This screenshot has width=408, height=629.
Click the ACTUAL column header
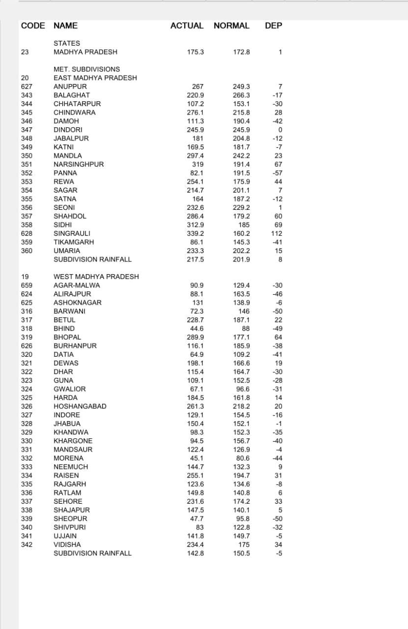click(187, 26)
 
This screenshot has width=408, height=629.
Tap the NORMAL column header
click(231, 26)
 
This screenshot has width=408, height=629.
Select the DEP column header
click(273, 26)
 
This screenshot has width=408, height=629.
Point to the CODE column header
click(33, 26)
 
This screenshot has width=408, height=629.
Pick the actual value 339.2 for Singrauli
click(195, 233)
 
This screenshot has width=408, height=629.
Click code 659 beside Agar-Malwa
click(27, 286)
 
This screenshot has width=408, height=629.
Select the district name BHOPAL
click(67, 337)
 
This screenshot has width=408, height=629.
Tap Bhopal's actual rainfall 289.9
click(195, 337)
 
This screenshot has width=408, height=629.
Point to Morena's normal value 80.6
click(243, 458)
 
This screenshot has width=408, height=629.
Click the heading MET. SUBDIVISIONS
click(86, 69)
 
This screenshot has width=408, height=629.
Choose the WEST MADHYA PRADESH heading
click(96, 277)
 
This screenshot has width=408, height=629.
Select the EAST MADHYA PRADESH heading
click(95, 78)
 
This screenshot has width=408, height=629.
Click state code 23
click(25, 52)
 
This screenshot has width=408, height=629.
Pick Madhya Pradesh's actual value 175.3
click(195, 52)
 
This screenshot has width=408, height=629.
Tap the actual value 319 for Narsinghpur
click(198, 165)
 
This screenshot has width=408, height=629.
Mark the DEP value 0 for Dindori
click(280, 130)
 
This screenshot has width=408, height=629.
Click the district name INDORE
click(66, 415)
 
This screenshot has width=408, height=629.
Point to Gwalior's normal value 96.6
click(243, 389)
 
